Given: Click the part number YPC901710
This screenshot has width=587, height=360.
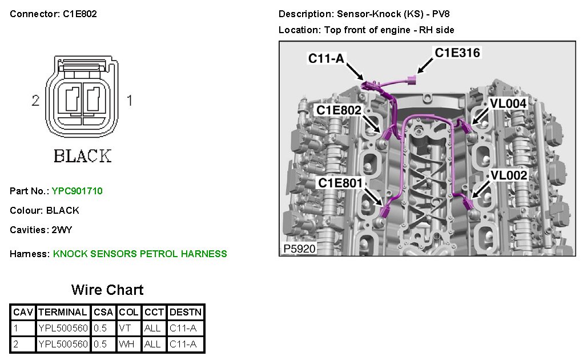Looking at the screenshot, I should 77,191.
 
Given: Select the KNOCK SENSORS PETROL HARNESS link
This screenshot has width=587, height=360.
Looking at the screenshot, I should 140,254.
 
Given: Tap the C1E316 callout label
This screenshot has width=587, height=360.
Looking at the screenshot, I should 457,53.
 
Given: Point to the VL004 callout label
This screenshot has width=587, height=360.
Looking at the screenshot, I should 508,103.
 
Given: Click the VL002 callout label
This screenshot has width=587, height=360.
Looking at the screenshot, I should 508,175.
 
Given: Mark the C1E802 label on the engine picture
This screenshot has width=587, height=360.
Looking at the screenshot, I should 339,110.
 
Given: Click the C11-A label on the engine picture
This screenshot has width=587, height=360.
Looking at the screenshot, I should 326,58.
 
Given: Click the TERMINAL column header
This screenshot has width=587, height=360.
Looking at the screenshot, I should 62,313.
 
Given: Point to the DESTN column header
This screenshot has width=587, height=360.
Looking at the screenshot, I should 186,313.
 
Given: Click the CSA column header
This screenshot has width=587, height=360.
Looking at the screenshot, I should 103,313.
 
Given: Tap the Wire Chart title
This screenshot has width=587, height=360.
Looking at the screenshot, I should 107,290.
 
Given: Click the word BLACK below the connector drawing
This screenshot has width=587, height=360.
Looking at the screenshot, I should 82,155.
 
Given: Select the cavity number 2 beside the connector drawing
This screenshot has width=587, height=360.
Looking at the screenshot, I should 35,101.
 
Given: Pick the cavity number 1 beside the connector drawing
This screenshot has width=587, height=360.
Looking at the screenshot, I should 129,101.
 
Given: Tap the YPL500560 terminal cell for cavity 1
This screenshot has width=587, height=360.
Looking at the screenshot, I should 63,329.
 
